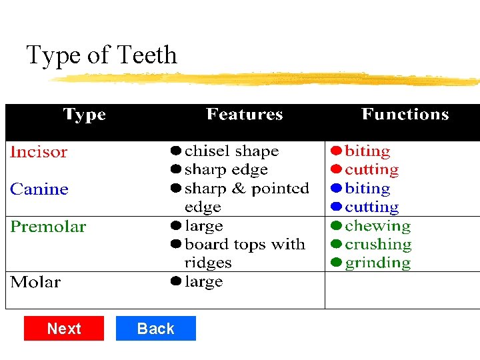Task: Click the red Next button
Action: pos(64,328)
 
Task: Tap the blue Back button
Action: pos(155,328)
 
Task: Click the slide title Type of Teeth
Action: pos(101,55)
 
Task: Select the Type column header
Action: pos(84,115)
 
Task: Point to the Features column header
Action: pos(245,115)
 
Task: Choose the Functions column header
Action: pos(405,115)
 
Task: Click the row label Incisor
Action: pos(39,152)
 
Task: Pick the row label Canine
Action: pos(39,189)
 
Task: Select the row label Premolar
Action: pos(48,227)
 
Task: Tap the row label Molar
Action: pos(35,282)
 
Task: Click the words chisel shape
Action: pos(231,151)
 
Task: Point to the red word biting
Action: pos(367,151)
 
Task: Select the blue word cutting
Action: pos(371,207)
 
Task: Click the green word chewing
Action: pos(377,226)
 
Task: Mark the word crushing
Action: pos(378,245)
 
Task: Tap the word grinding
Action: pos(377,263)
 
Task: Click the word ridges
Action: pos(208,263)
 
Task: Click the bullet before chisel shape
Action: pos(176,151)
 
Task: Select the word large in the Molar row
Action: pos(203,281)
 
